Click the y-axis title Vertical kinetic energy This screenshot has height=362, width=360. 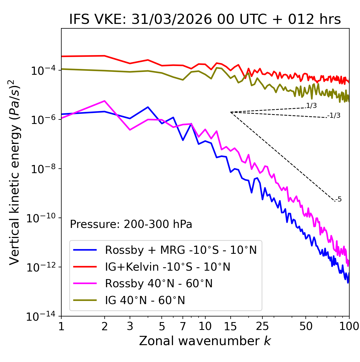15,172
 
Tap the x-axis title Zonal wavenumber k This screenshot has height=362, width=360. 205,341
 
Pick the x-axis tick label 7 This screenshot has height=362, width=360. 183,326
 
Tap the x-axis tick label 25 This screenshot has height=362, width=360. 262,326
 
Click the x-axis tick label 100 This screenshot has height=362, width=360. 349,326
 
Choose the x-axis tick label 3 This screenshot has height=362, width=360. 130,326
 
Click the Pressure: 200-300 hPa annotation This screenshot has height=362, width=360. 131,224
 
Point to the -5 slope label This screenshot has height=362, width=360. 338,200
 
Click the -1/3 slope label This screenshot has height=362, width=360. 334,116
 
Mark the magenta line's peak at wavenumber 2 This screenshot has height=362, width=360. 105,101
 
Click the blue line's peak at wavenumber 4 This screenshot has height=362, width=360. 148,107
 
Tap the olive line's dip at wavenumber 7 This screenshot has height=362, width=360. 183,80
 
